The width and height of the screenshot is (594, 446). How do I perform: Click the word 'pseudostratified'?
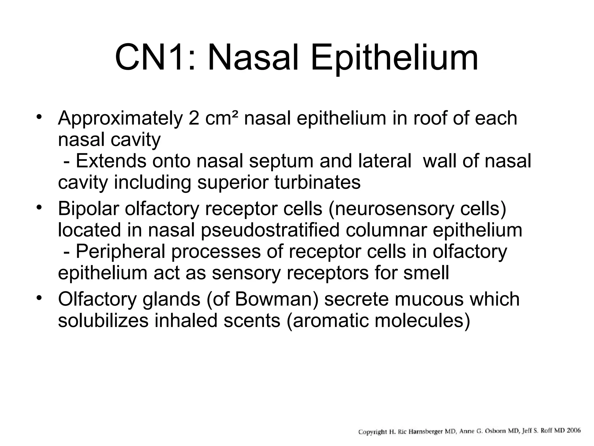click(270, 230)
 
